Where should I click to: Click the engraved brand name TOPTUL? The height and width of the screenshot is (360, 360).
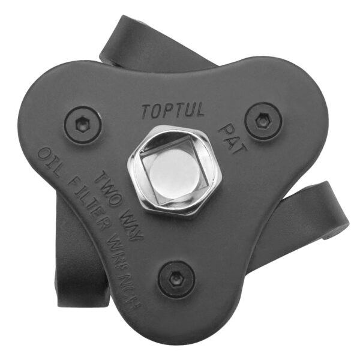[x=173, y=110]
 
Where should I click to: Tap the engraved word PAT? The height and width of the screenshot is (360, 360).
[x=232, y=139]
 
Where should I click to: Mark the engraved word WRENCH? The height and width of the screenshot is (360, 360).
[x=124, y=271]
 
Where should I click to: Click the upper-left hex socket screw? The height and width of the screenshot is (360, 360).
[x=83, y=125]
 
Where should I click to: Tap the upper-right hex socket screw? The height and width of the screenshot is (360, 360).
[x=263, y=121]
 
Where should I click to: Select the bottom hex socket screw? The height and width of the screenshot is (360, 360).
[x=177, y=279]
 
